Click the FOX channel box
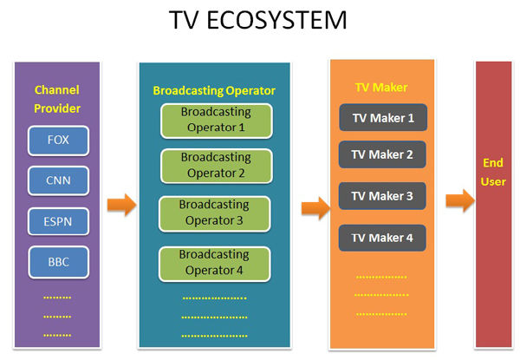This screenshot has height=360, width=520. coord(58,139)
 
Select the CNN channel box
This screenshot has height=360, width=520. coord(58,180)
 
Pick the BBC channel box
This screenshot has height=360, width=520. coord(58,262)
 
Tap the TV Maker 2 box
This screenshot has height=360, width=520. coord(382,155)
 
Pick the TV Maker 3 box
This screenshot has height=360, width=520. coord(382,196)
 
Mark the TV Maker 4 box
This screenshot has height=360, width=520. coord(382,237)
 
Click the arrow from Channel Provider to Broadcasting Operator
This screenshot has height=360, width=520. coord(121,206)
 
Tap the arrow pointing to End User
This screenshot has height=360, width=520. coord(460,201)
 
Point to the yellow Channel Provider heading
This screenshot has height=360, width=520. coord(57,98)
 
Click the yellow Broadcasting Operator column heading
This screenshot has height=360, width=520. coord(213,90)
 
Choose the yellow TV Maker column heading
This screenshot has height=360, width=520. coord(382,87)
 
